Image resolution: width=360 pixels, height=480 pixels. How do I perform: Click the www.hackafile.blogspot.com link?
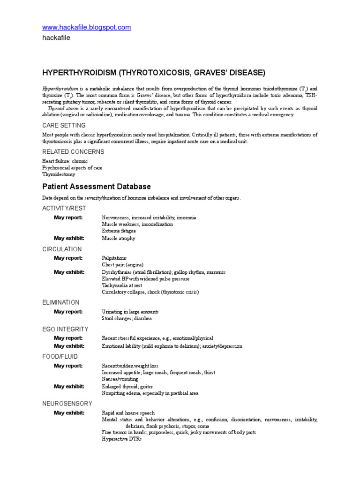click(87, 28)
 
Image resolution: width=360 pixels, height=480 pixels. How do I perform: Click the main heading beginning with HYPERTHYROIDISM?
click(154, 73)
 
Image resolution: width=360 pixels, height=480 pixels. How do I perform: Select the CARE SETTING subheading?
click(64, 126)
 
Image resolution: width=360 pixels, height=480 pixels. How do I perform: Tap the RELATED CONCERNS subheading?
click(73, 152)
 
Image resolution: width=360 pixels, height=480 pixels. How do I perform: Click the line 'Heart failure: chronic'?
click(65, 161)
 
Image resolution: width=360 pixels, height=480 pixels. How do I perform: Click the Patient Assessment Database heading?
click(97, 187)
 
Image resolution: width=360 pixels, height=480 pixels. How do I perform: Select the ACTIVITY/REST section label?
click(64, 208)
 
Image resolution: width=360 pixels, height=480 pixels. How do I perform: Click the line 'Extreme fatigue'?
click(119, 231)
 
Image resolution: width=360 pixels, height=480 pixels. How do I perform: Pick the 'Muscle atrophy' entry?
click(119, 238)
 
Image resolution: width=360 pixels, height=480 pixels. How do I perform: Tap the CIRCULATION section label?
click(62, 249)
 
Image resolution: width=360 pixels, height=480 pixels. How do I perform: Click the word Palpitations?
click(114, 258)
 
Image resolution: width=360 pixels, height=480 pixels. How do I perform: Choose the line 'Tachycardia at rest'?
click(122, 285)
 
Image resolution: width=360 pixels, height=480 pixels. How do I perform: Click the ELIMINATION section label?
click(61, 302)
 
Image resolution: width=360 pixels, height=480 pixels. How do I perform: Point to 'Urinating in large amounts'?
click(130, 312)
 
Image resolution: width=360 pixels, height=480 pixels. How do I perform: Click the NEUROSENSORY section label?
click(67, 404)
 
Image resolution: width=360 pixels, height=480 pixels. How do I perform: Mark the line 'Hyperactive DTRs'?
click(121, 439)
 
